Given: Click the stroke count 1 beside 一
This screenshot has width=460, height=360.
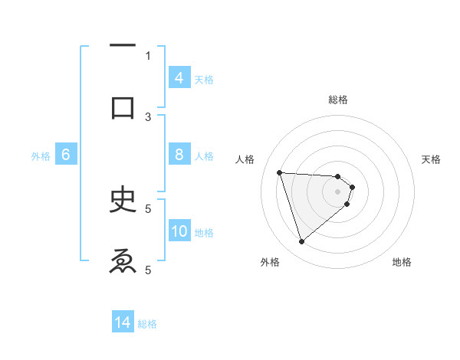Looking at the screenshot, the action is [x=148, y=55].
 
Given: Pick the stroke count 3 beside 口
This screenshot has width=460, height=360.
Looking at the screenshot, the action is [x=148, y=116].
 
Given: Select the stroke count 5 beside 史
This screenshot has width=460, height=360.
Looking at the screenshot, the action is [x=148, y=208].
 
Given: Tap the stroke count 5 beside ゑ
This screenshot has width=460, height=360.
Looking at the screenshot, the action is [x=148, y=269].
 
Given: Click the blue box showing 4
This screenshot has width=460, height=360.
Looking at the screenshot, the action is [x=179, y=77].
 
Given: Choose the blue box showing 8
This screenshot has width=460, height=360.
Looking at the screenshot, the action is [x=179, y=155].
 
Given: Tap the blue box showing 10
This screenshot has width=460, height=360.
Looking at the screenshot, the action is [x=179, y=231].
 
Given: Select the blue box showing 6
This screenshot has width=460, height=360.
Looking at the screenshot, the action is [x=66, y=155].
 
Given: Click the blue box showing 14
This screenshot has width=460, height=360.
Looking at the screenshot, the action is [x=123, y=322].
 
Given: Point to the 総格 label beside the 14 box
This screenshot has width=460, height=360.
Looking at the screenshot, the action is [x=147, y=324].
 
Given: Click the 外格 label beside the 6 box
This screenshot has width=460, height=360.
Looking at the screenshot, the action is [x=41, y=156].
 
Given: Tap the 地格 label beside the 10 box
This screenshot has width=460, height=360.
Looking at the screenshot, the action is [x=204, y=233].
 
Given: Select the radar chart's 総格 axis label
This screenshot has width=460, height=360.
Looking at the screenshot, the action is [x=338, y=100].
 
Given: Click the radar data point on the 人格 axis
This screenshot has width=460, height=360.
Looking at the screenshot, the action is [x=280, y=172].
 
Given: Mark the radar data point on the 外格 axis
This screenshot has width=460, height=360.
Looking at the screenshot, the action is [x=301, y=242].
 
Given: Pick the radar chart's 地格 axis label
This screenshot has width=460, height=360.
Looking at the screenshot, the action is [x=402, y=262].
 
